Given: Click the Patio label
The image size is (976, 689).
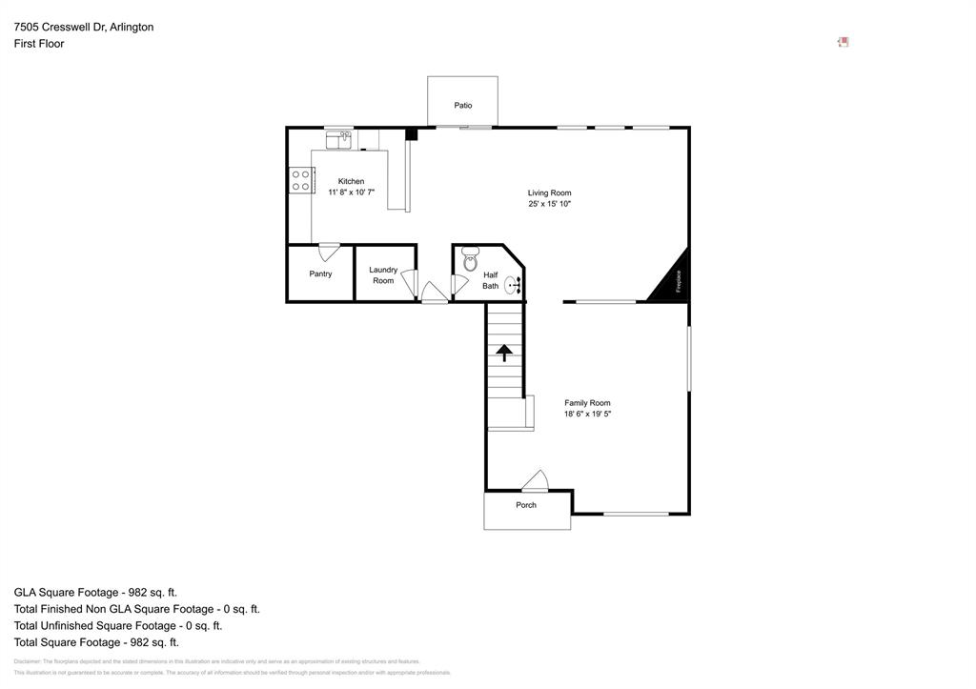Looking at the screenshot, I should [462, 106].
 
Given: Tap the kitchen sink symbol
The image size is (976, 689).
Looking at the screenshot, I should [338, 140].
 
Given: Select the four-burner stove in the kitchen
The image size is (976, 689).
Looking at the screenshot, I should [301, 180].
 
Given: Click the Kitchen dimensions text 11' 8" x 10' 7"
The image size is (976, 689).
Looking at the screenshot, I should [351, 193].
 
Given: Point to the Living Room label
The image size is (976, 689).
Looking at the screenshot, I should [549, 193].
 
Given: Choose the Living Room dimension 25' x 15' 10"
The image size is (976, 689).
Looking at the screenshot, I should [549, 204].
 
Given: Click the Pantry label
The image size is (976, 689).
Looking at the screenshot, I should [320, 274].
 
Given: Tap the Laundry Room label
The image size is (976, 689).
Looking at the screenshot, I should [383, 275].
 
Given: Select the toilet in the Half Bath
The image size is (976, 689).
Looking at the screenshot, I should [470, 259].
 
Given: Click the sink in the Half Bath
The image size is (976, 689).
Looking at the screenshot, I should [512, 284].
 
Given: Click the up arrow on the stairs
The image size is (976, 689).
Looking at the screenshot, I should [504, 353].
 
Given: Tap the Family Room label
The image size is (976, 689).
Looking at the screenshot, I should [587, 403].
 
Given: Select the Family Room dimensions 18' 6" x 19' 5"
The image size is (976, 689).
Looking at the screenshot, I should [587, 415].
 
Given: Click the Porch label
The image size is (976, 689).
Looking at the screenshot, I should [526, 505].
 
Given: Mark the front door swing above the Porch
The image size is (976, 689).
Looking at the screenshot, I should [536, 481].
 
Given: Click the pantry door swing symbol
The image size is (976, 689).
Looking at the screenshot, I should [329, 253].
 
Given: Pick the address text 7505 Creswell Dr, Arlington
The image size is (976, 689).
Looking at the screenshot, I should [84, 27].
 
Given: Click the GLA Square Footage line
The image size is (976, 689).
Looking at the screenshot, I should [95, 592].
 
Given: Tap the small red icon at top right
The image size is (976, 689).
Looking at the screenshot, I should [843, 42].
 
